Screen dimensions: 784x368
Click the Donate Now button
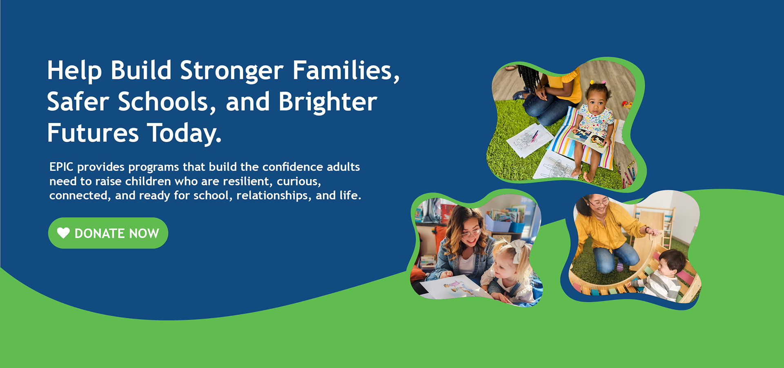[108, 233]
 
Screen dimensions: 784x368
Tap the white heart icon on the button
[63, 233]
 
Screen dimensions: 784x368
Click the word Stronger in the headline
[232, 71]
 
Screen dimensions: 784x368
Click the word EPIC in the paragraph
[61, 167]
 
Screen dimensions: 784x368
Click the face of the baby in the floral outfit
[597, 100]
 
